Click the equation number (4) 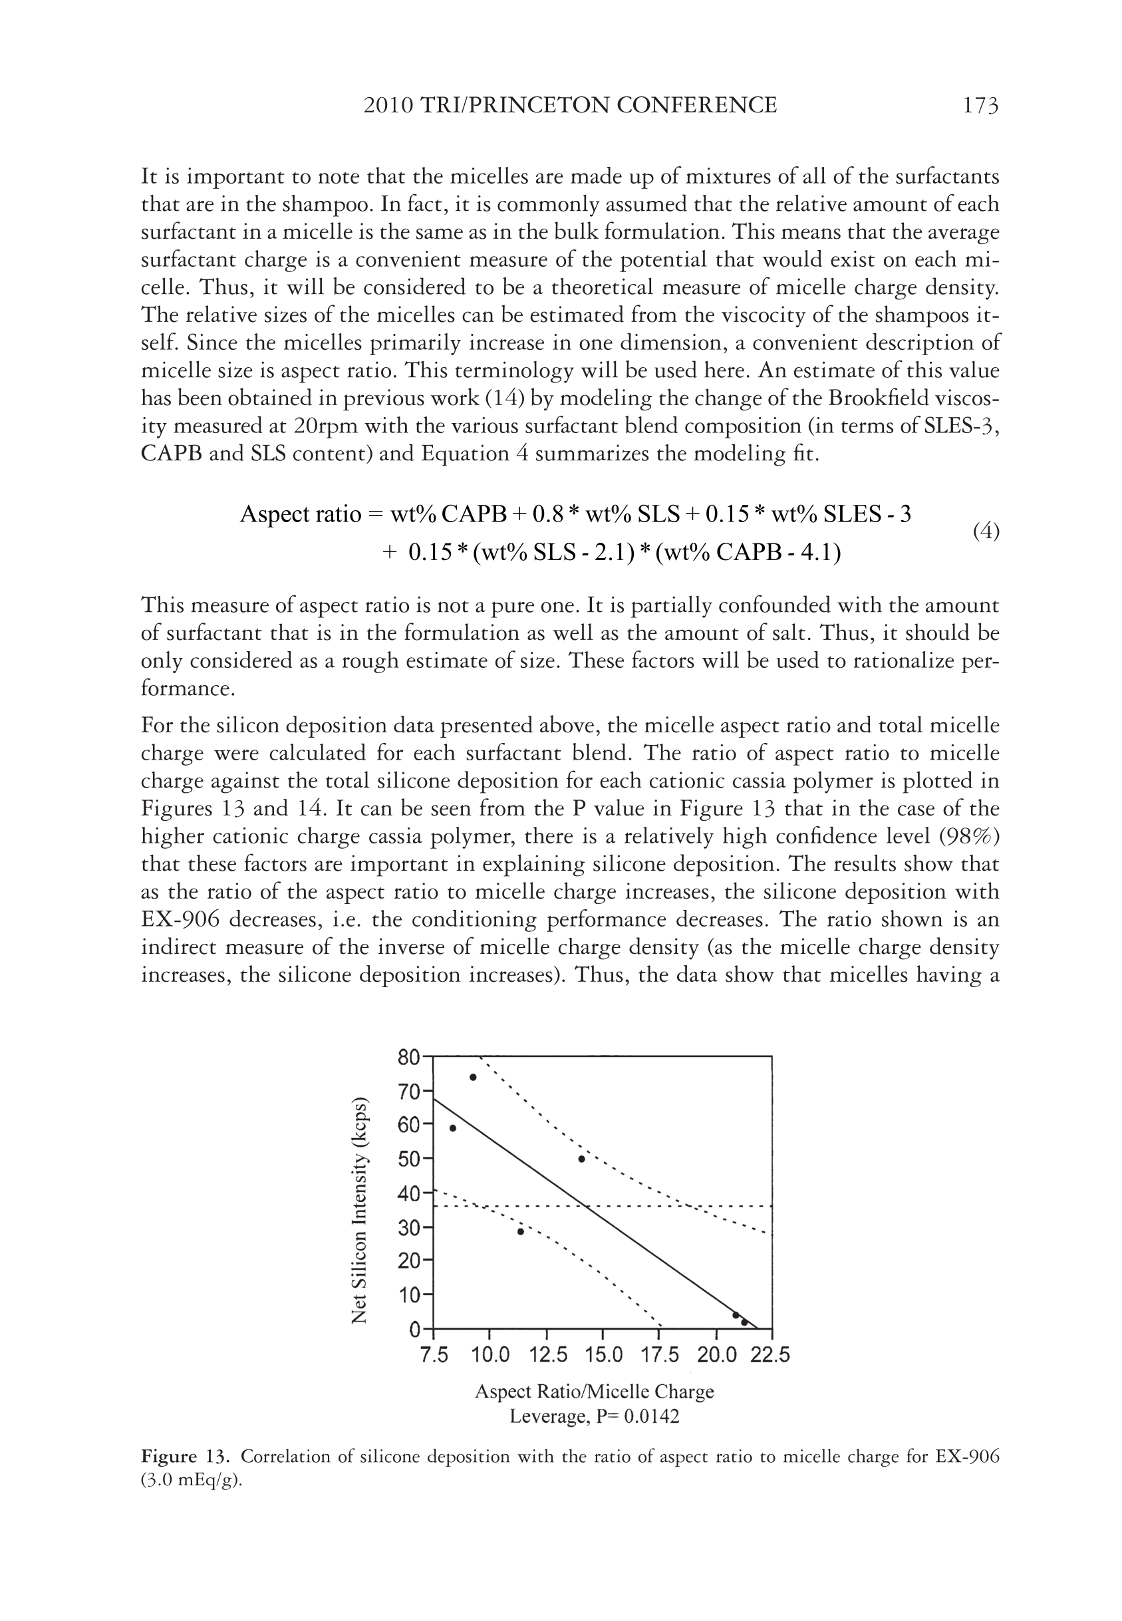click(986, 531)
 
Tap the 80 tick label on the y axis click(408, 1057)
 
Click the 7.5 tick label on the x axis click(434, 1354)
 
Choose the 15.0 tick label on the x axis click(603, 1354)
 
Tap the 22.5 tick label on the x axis click(770, 1354)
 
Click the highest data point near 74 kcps click(473, 1078)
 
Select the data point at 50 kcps click(581, 1159)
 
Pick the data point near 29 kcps click(520, 1232)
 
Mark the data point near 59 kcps click(453, 1128)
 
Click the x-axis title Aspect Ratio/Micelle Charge click(594, 1392)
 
